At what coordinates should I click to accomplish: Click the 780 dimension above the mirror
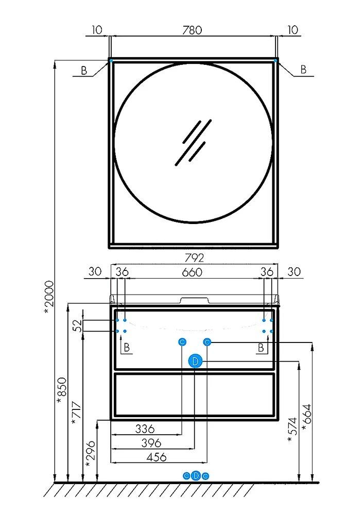point(193,30)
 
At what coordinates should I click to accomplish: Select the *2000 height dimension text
point(49,297)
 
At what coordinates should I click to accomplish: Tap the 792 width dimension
point(194,257)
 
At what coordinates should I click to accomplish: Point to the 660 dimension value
point(192,272)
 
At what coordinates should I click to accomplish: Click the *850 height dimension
point(62,390)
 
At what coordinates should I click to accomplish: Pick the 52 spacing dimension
point(78,325)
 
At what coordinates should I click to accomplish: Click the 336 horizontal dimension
point(145,428)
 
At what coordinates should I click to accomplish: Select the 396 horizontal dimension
point(151,443)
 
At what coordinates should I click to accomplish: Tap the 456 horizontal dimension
point(157,457)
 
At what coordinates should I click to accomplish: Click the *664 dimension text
point(306,417)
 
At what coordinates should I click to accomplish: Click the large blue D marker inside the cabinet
point(195,362)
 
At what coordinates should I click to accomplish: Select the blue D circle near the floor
point(196,475)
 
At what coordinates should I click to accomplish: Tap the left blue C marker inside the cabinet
point(182,342)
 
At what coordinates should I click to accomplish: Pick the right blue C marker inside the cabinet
point(207,342)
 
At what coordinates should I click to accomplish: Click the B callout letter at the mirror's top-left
point(84,70)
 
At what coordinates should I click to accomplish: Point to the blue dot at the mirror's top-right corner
point(275,61)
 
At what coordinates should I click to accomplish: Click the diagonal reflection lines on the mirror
point(193,142)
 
